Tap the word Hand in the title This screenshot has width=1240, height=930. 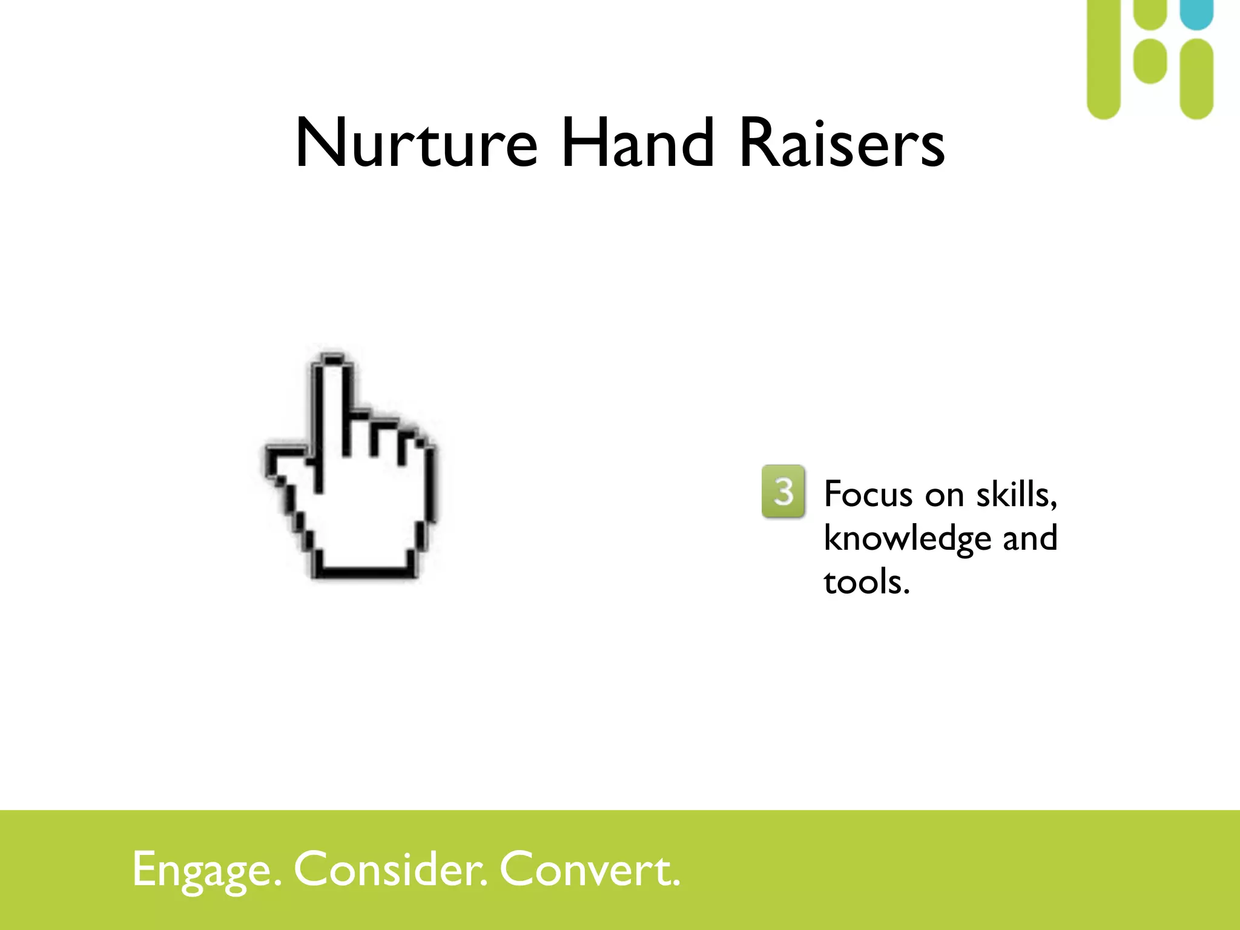(638, 143)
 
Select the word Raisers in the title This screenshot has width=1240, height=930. (842, 143)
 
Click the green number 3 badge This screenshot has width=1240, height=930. (783, 491)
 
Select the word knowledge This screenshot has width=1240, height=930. (907, 538)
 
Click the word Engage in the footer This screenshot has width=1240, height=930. (206, 869)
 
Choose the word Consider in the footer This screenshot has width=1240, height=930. (391, 869)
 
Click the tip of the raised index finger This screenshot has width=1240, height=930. (332, 361)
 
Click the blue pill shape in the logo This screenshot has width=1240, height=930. (1196, 13)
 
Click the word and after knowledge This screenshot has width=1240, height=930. (1030, 538)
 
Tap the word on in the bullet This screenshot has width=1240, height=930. (944, 495)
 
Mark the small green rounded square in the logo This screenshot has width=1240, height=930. (1150, 61)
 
